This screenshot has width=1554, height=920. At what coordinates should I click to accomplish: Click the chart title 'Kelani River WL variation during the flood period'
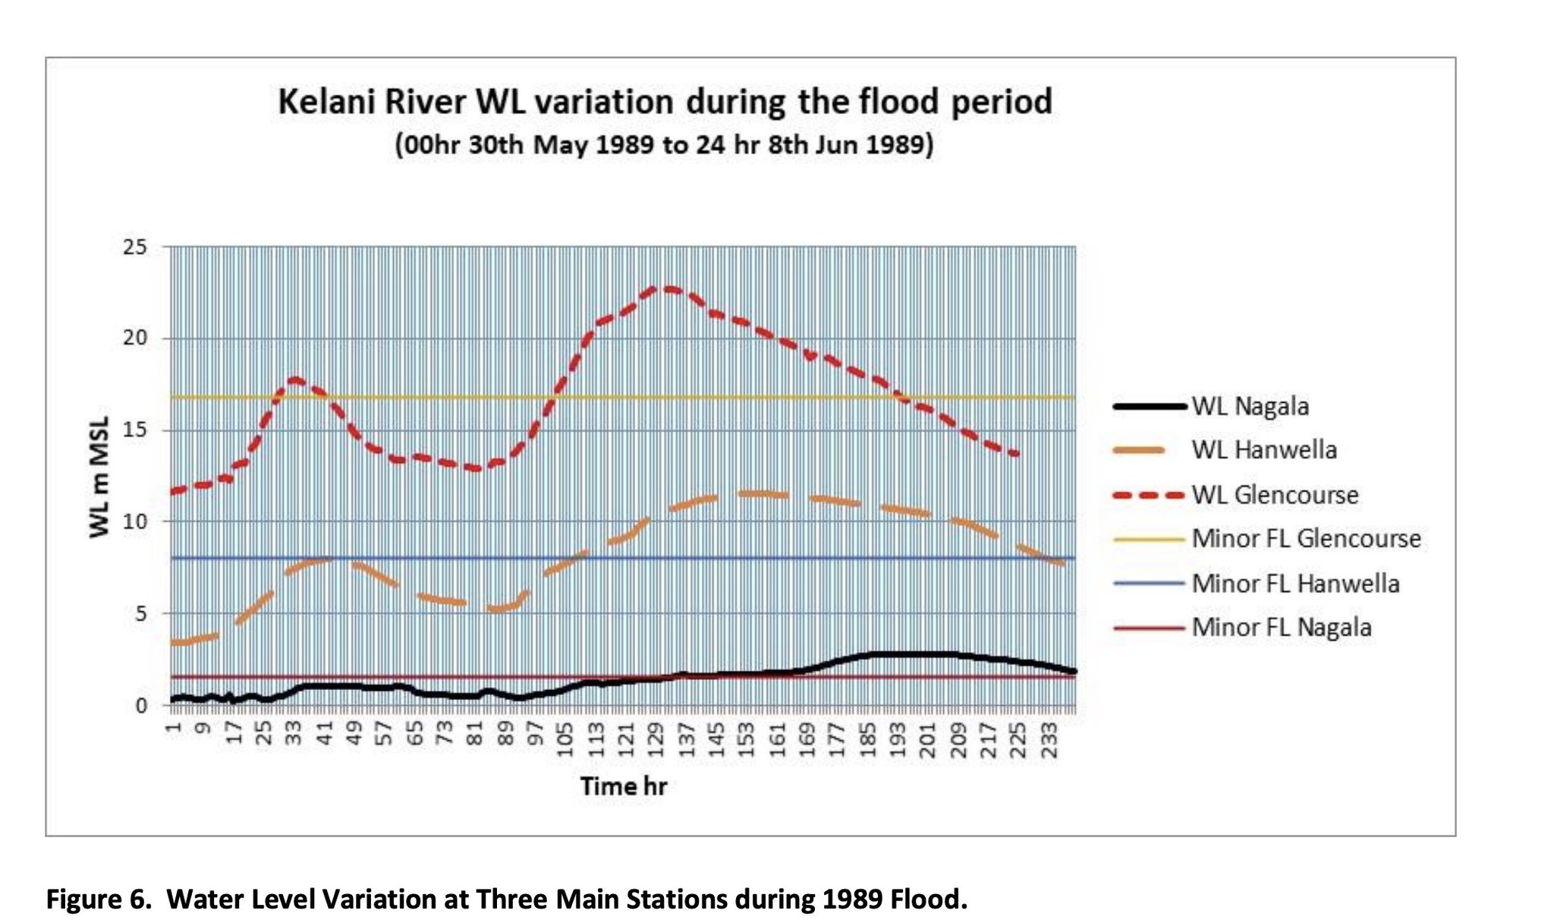665,102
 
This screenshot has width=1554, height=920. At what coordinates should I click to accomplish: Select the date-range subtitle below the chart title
664,144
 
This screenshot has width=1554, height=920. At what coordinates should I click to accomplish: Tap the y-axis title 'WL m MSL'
99,477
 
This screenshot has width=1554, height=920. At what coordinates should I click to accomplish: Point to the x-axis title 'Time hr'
624,786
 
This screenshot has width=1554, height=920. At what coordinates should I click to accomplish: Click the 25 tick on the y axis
135,247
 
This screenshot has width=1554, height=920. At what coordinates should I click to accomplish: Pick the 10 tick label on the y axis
135,521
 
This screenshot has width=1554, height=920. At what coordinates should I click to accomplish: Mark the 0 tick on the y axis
141,705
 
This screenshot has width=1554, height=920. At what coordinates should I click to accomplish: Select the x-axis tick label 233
1049,740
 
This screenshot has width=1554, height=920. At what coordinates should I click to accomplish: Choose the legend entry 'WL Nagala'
1212,406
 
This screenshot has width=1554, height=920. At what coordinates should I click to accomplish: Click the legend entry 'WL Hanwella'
1225,450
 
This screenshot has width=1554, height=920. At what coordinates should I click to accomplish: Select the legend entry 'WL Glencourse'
1236,495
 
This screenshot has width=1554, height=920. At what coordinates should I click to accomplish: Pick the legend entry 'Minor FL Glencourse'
1267,539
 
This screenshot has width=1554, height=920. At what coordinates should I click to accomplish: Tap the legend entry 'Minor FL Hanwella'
1257,584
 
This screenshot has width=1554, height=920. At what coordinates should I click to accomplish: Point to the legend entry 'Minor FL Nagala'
1243,628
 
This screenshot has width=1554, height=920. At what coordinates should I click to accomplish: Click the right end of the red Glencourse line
1018,454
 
